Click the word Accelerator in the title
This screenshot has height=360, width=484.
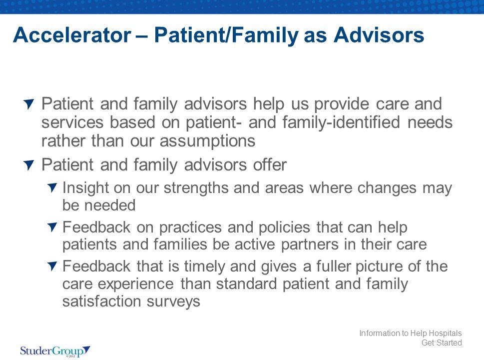(72, 34)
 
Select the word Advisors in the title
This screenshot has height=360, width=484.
(379, 34)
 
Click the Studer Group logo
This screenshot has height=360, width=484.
(55, 351)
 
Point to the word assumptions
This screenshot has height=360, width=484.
(207, 141)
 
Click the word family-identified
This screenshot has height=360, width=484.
(341, 122)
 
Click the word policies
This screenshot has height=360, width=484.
(284, 227)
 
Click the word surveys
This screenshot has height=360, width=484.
(173, 301)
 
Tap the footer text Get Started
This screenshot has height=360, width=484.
(442, 342)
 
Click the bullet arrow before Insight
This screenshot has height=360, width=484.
(52, 187)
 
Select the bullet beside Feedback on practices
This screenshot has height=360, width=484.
(52, 227)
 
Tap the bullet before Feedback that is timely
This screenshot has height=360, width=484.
(52, 266)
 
